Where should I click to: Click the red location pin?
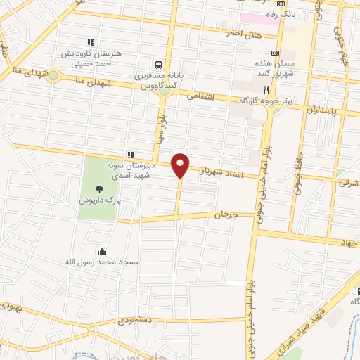181,165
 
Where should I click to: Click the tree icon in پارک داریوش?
99,188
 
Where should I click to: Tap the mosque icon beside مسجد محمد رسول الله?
103,251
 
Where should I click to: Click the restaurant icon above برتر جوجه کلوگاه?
266,90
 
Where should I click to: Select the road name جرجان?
226,214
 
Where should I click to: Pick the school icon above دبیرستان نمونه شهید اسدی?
130,155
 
